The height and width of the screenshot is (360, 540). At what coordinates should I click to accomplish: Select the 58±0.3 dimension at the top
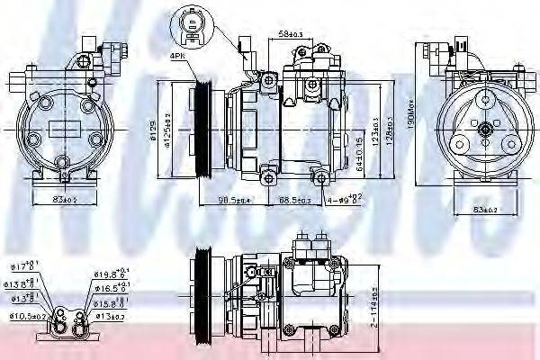[291, 33]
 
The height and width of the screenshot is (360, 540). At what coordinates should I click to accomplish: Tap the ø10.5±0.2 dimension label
[28, 315]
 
